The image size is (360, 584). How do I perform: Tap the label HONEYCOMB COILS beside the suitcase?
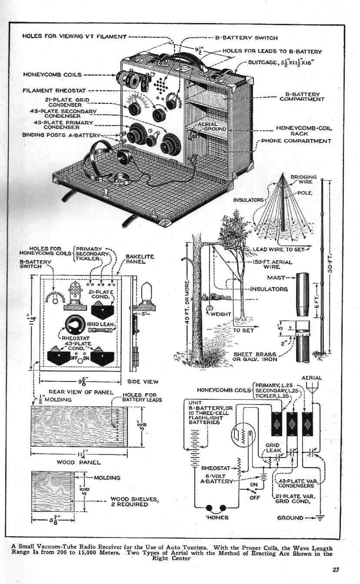(52, 75)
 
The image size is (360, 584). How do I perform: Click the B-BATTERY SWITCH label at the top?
(247, 38)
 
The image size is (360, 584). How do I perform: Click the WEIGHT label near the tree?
(220, 314)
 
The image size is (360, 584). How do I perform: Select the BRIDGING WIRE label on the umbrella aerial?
(303, 180)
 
